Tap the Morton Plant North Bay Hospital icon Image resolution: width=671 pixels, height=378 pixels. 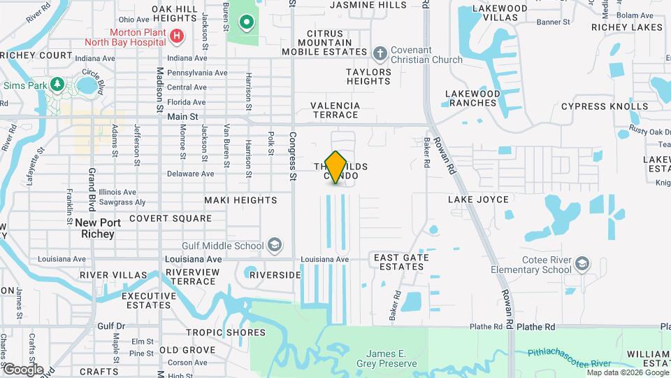pyautogui.click(x=177, y=35)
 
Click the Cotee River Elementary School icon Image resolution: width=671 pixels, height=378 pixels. pyautogui.click(x=582, y=264)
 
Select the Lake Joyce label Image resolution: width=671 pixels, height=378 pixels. pyautogui.click(x=479, y=199)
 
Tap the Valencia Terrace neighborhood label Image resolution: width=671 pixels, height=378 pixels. pyautogui.click(x=335, y=110)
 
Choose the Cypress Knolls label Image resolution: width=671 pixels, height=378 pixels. pyautogui.click(x=605, y=106)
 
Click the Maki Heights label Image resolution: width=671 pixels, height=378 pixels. pyautogui.click(x=240, y=200)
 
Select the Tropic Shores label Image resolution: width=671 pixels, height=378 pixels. pyautogui.click(x=226, y=332)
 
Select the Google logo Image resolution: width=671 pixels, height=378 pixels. pyautogui.click(x=23, y=368)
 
